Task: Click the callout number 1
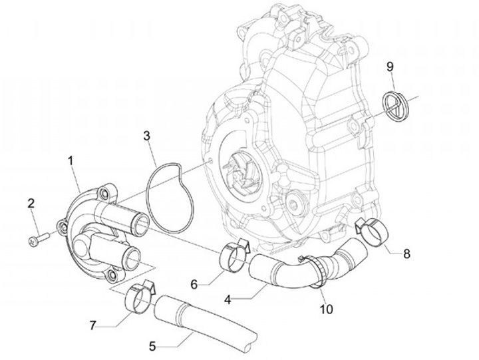(71, 160)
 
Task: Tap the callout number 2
(31, 203)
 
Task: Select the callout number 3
(147, 136)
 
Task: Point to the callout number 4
(228, 299)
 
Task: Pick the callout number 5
(152, 346)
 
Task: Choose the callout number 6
(194, 284)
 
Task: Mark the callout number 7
(93, 325)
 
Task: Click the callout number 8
(407, 254)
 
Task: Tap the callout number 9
(390, 66)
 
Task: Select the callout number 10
(325, 309)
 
